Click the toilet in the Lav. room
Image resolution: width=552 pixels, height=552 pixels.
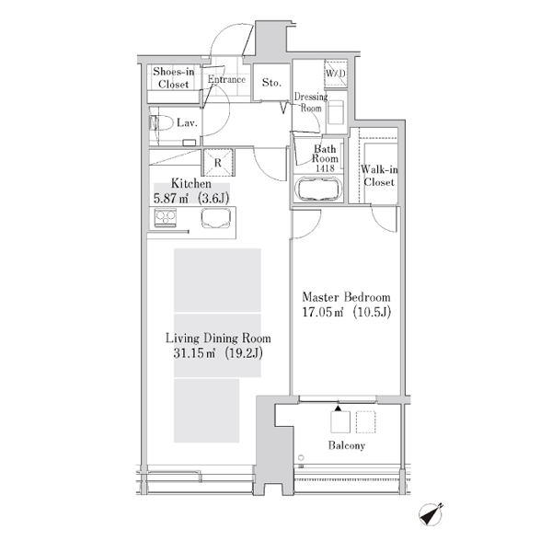(162, 123)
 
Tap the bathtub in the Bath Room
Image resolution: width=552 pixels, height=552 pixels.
(318, 189)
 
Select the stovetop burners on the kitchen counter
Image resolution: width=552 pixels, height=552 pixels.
(166, 218)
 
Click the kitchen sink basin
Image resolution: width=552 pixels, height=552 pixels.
(216, 218)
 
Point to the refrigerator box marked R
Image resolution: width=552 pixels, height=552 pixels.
(218, 162)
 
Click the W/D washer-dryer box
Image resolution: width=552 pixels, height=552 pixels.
(336, 74)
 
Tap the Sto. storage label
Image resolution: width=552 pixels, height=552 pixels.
(271, 83)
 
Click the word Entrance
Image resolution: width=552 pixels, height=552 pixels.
(226, 79)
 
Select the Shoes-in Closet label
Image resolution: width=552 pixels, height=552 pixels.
(174, 78)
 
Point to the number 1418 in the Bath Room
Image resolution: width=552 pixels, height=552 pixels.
(325, 168)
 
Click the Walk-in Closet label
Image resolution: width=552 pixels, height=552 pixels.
(379, 176)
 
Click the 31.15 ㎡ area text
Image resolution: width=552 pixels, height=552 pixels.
(194, 353)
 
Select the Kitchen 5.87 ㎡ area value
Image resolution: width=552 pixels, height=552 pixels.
(171, 198)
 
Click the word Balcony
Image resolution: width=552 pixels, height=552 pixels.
(347, 445)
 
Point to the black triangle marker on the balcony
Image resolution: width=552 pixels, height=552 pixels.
(338, 408)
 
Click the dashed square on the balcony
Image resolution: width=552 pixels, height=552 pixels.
(366, 421)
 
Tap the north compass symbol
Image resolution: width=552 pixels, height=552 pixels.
(431, 514)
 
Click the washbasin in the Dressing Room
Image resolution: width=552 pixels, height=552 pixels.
(336, 112)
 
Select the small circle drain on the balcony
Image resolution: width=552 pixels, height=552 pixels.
(301, 457)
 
